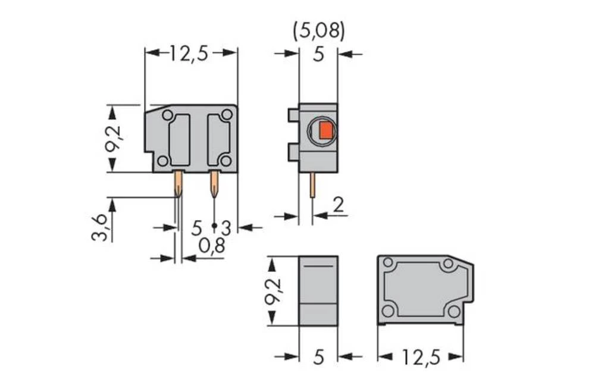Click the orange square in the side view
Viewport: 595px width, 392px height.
pos(325,131)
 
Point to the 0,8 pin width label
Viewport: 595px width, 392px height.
pos(211,246)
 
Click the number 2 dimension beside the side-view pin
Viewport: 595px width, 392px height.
pos(338,205)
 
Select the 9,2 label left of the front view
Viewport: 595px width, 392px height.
pos(112,139)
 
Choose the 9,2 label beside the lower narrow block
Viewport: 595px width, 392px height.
pos(273,291)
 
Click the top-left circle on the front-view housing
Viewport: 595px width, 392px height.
pos(168,115)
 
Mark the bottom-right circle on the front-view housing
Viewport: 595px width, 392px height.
pos(226,161)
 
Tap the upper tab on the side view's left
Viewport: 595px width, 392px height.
pos(292,115)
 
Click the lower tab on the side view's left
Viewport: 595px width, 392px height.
pos(292,152)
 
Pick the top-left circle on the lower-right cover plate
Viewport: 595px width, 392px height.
pos(388,262)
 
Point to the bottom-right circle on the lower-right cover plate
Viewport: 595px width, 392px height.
pos(453,311)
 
